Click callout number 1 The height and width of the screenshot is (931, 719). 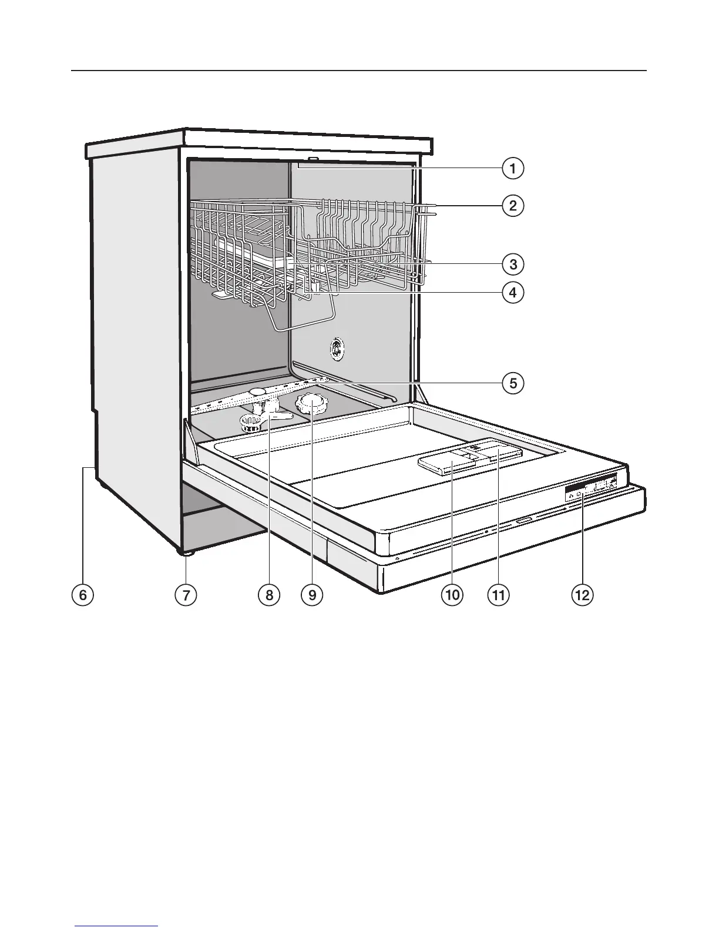pyautogui.click(x=513, y=169)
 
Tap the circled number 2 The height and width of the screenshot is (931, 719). pyautogui.click(x=513, y=206)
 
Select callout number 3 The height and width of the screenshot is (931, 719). pyautogui.click(x=513, y=264)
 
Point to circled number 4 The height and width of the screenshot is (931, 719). pyautogui.click(x=513, y=292)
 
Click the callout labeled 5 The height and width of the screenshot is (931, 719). pyautogui.click(x=513, y=384)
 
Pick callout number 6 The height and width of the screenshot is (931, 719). pyautogui.click(x=82, y=595)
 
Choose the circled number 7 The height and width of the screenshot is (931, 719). pyautogui.click(x=186, y=595)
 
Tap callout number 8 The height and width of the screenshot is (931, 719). pyautogui.click(x=269, y=595)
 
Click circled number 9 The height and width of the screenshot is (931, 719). pyautogui.click(x=312, y=595)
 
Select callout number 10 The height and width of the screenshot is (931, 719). pyautogui.click(x=452, y=595)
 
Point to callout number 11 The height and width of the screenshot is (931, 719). pyautogui.click(x=498, y=595)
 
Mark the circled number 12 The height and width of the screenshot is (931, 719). pyautogui.click(x=582, y=595)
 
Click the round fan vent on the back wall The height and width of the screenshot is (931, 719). pyautogui.click(x=337, y=349)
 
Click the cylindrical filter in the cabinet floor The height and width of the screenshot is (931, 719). pyautogui.click(x=251, y=423)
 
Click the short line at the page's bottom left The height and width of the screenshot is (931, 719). pyautogui.click(x=116, y=926)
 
